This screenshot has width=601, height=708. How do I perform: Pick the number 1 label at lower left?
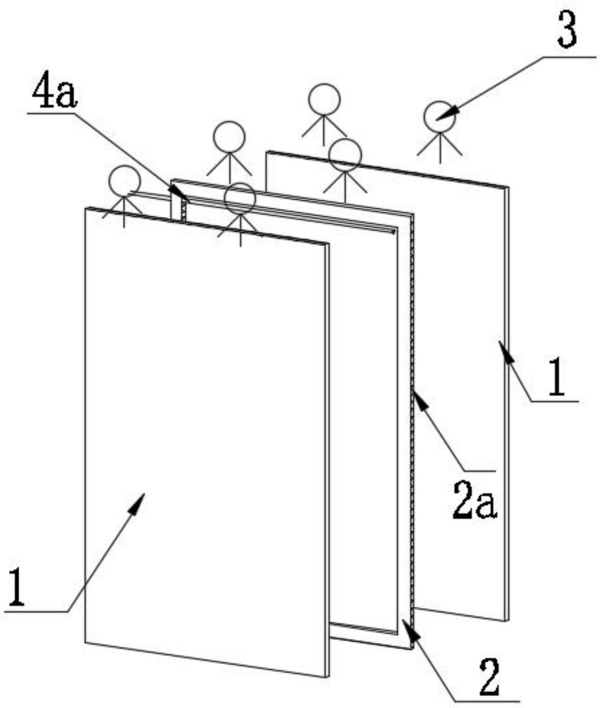[16, 587]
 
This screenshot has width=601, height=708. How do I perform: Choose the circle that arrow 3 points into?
[439, 117]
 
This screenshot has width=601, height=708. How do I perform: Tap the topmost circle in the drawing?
[324, 100]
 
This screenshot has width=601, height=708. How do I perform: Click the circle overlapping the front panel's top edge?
[240, 199]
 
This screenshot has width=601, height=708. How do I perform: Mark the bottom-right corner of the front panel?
[328, 677]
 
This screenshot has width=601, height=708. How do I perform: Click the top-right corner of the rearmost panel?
[508, 188]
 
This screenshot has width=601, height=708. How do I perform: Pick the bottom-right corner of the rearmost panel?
[508, 621]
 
